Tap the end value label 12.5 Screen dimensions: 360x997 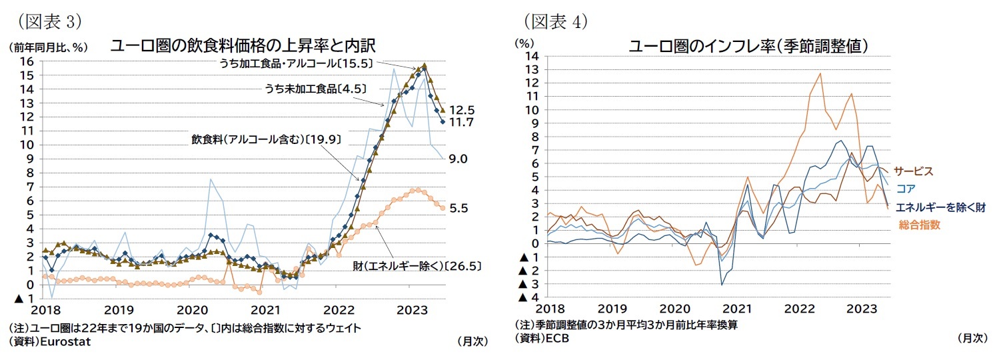[461, 110]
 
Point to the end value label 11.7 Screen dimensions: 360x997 [461, 123]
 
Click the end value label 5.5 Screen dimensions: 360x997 [458, 208]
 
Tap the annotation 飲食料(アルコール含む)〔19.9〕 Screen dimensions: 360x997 [266, 139]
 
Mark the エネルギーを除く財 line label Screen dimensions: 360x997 [940, 207]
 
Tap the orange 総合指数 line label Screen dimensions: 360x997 [920, 225]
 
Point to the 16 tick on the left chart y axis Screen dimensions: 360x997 [26, 61]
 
